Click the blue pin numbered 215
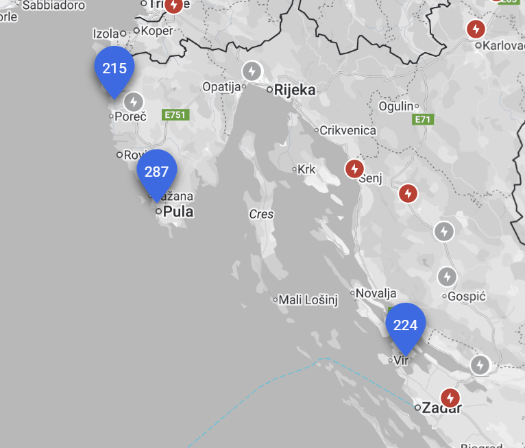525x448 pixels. tap(114, 69)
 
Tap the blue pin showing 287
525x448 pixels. tap(157, 172)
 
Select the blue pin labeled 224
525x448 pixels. tap(406, 325)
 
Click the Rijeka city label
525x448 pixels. tap(295, 90)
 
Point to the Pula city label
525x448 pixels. tap(178, 212)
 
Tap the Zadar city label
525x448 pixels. tap(441, 408)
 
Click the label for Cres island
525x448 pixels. tap(261, 214)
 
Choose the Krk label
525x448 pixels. tap(306, 169)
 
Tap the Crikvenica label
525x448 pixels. tap(349, 130)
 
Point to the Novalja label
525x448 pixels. tap(376, 293)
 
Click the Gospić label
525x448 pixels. tap(465, 297)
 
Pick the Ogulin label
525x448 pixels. tap(396, 106)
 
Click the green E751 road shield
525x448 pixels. tap(175, 115)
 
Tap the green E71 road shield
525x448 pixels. tap(424, 120)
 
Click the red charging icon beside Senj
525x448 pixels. tap(354, 169)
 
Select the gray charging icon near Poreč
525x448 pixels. tap(134, 102)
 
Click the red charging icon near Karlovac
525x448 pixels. tap(475, 29)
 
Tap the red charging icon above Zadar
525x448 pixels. tap(450, 397)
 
